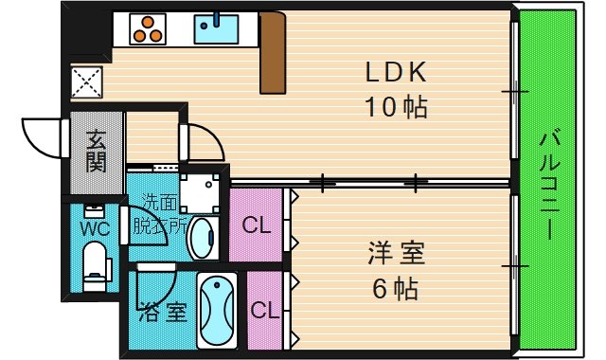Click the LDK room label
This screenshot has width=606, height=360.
pos(397,72)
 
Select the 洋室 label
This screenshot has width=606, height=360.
pos(397,254)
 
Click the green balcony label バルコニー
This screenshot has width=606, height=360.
pos(549,185)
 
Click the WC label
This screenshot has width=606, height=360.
pos(95,228)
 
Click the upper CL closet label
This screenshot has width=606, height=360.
pos(256,225)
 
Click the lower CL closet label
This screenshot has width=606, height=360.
pos(263,310)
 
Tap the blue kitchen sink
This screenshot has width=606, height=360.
pos(216,28)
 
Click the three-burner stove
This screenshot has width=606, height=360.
pos(149,28)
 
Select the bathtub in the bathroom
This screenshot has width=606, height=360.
pos(220,311)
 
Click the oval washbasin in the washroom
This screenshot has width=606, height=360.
pos(202,237)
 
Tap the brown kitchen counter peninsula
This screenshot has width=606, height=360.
pos(273,54)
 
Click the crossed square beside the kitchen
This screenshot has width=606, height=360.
pos(87,80)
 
